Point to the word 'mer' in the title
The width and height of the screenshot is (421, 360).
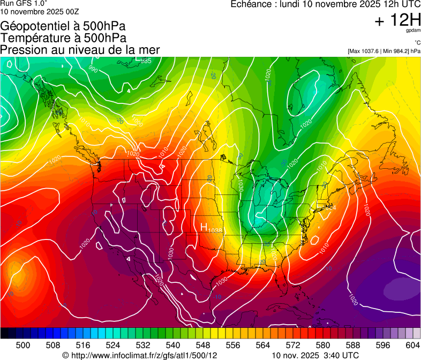click(149, 49)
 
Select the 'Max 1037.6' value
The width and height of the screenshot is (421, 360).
click(366, 51)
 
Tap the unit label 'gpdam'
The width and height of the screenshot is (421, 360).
click(413, 31)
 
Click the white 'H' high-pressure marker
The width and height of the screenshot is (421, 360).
click(204, 227)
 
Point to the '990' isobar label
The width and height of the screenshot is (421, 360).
click(93, 69)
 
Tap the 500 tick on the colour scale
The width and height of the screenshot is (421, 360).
click(23, 344)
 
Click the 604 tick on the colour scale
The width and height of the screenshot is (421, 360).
click(413, 344)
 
